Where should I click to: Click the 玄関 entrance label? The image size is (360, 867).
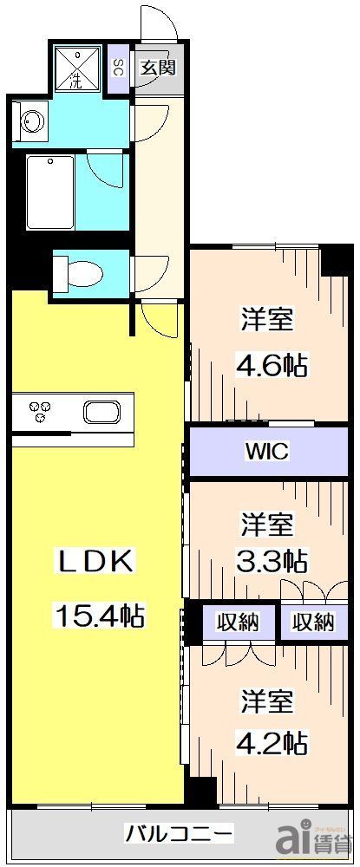[159, 68]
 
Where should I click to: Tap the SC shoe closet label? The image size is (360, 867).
[118, 68]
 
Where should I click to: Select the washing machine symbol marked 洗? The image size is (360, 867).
[77, 69]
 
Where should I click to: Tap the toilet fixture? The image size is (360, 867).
[76, 275]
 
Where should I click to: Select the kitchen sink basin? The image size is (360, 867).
[103, 410]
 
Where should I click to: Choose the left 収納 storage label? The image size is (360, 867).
[238, 622]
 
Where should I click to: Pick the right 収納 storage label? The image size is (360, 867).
[312, 622]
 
